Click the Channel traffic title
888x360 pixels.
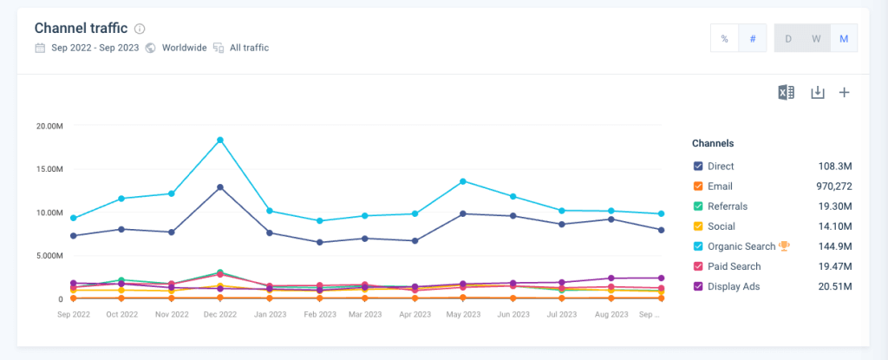point(82,28)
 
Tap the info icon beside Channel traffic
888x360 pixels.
point(140,29)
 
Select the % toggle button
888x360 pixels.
point(724,39)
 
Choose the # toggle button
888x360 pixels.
point(752,39)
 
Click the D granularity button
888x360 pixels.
point(788,39)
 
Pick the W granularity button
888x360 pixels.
point(816,39)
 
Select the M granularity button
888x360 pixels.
point(844,39)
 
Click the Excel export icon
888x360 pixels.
point(786,93)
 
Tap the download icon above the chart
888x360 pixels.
point(817,93)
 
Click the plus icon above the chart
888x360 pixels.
point(844,93)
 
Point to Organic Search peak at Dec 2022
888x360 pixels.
point(220,140)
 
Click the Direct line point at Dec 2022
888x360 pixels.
point(220,187)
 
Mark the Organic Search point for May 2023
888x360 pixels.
point(463,181)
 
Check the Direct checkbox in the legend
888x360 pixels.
point(698,166)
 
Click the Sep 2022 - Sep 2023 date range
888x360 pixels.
point(94,48)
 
